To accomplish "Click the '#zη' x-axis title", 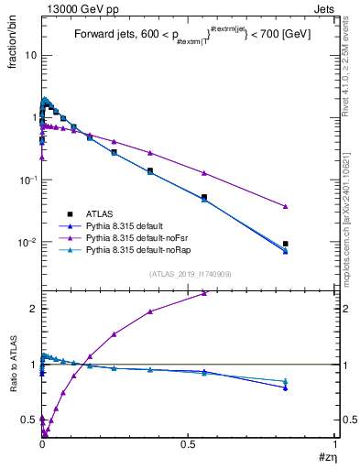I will point(325,456).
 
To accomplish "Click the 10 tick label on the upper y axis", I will point(29,55).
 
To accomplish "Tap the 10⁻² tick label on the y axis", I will point(26,242).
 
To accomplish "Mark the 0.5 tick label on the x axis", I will point(189,443).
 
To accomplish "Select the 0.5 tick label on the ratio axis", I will point(27,420).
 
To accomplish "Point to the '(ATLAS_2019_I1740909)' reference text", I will point(189,274).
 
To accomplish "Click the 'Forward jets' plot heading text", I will point(108,34).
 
